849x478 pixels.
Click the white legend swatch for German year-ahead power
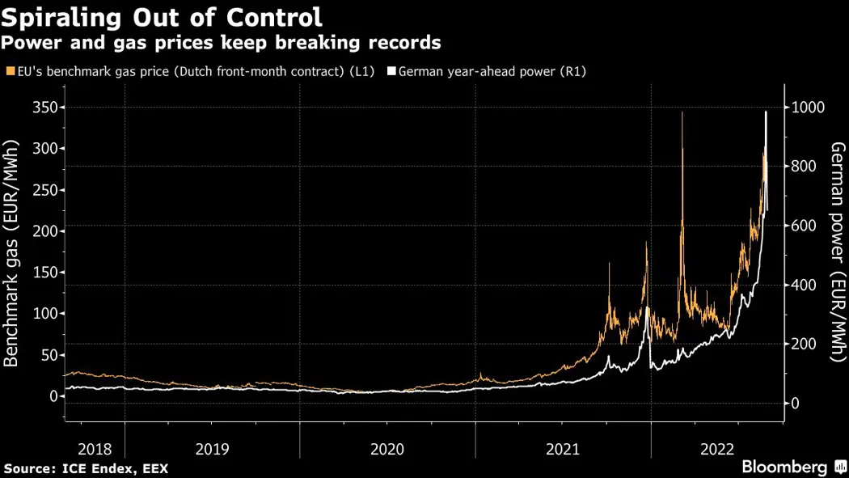point(392,72)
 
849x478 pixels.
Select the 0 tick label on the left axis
point(53,396)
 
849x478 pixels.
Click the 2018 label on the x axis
point(94,449)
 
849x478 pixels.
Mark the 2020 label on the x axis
point(386,449)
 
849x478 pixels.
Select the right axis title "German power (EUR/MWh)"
point(838,251)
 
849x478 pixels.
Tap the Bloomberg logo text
point(784,467)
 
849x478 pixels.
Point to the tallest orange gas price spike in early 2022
point(682,113)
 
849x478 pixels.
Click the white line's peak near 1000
point(766,112)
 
